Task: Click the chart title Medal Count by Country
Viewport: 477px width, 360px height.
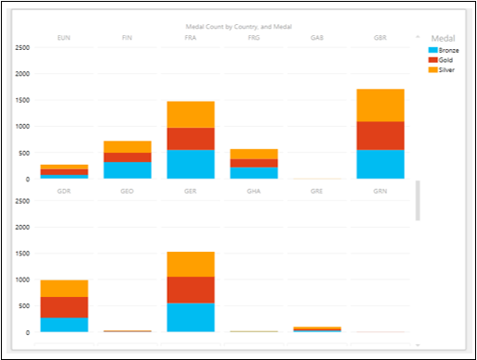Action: click(238, 28)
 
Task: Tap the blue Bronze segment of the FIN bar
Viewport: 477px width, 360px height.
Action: click(127, 170)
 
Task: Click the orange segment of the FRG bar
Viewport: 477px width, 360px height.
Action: click(254, 154)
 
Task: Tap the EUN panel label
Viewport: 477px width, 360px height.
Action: click(64, 38)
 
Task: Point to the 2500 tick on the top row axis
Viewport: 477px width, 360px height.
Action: click(20, 47)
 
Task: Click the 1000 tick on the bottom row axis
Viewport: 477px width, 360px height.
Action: click(20, 279)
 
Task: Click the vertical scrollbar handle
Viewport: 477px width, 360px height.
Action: click(417, 200)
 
